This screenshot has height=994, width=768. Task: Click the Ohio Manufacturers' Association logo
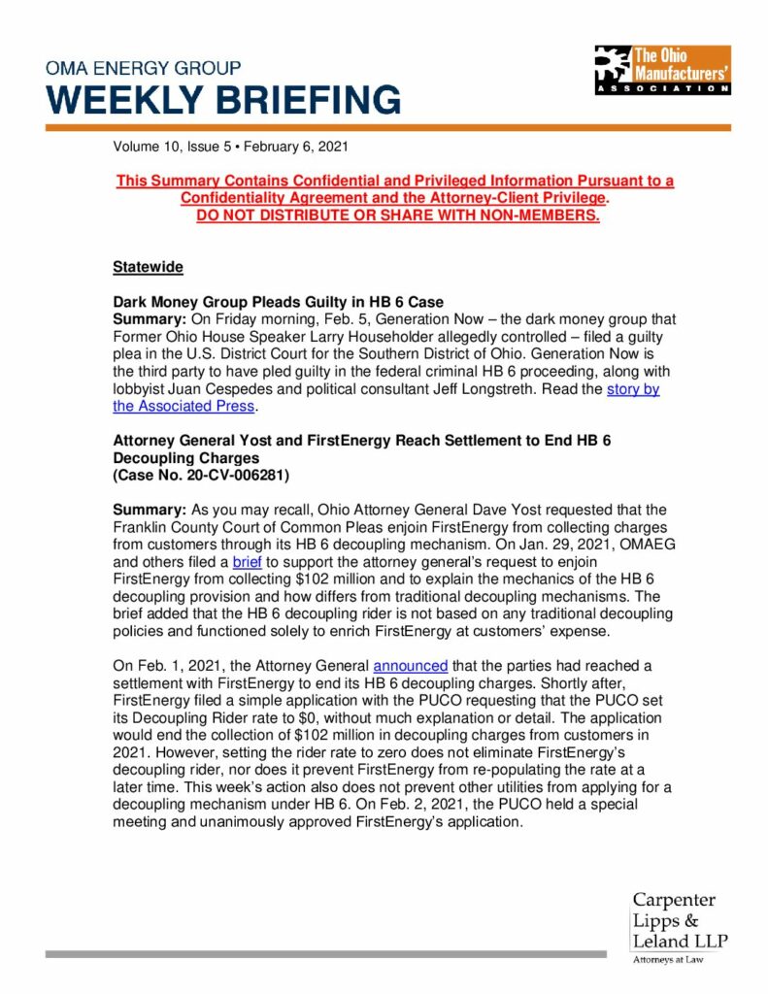[x=662, y=69]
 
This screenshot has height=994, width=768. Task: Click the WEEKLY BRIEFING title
[x=223, y=100]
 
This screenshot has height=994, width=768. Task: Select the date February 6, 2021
[x=295, y=148]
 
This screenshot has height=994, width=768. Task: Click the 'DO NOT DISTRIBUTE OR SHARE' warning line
[x=398, y=215]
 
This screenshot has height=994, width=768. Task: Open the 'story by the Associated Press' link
[x=632, y=390]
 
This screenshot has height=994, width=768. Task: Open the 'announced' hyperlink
[x=411, y=666]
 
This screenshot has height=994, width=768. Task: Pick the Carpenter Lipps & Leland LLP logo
[x=679, y=921]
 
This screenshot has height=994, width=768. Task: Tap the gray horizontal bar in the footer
[x=325, y=954]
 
